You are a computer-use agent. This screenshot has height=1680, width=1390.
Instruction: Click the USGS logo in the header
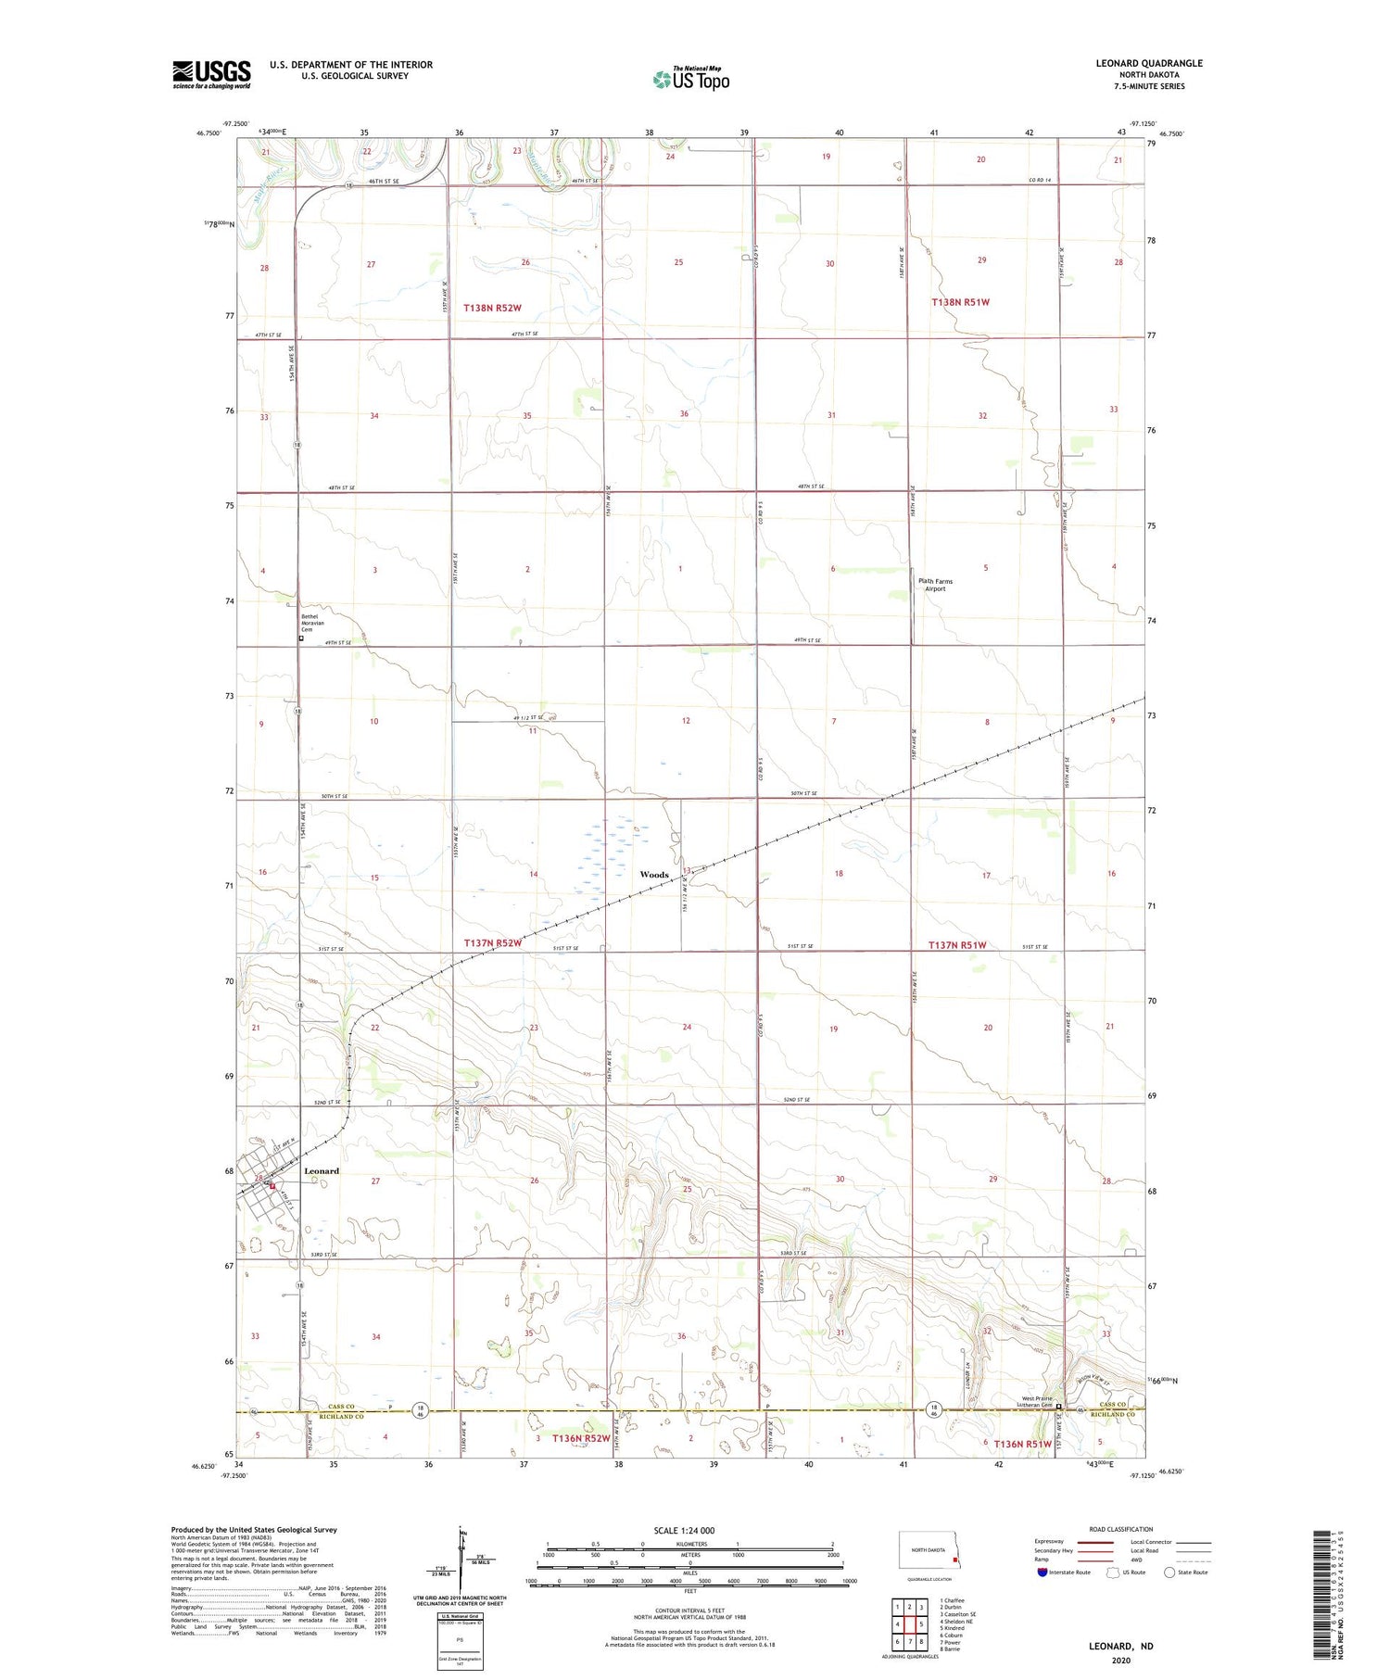[211, 74]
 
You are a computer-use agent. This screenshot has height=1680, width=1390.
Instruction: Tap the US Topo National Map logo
[690, 79]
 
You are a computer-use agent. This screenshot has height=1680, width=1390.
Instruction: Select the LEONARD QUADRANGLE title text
[1149, 63]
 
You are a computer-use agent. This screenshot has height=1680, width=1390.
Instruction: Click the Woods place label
[654, 875]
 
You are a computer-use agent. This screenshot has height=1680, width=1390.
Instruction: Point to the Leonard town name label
[322, 1171]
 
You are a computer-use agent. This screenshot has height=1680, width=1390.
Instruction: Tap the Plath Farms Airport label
[935, 585]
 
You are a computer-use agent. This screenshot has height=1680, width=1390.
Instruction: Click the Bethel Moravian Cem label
[314, 623]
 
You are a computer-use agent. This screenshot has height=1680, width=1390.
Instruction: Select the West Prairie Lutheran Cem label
[1036, 1402]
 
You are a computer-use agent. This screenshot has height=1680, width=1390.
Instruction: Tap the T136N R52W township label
[581, 1438]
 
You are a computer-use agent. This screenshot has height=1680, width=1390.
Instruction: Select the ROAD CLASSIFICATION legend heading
[1120, 1529]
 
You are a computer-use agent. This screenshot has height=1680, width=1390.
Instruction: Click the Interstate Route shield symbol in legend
[1042, 1573]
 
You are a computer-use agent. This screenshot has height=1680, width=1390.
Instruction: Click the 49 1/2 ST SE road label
[528, 716]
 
